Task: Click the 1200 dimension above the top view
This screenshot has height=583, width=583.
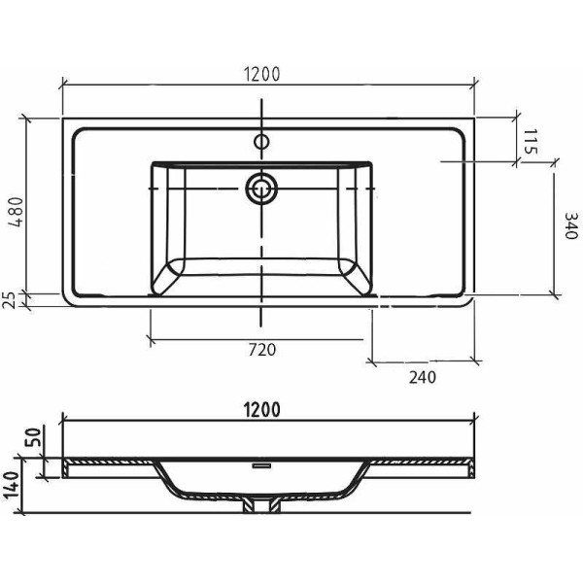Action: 261,74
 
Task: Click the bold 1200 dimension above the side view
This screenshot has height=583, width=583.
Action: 261,410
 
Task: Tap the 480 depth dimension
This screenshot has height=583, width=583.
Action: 17,212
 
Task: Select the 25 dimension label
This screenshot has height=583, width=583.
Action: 11,300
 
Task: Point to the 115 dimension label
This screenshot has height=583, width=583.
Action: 531,142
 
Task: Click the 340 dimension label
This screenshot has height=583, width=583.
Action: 571,225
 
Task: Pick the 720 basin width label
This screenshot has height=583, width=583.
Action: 262,350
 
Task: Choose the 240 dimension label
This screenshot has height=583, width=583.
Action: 423,377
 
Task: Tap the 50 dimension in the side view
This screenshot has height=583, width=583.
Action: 33,437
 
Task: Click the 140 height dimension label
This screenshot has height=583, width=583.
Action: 11,486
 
